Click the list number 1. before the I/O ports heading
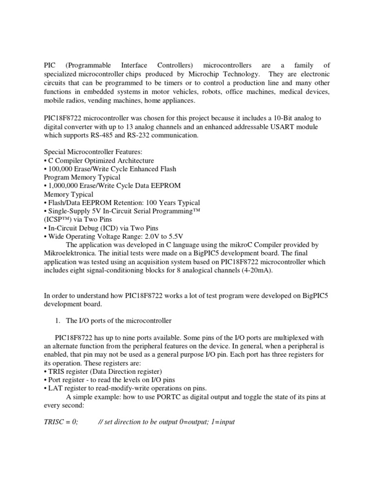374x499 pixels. [58, 321]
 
